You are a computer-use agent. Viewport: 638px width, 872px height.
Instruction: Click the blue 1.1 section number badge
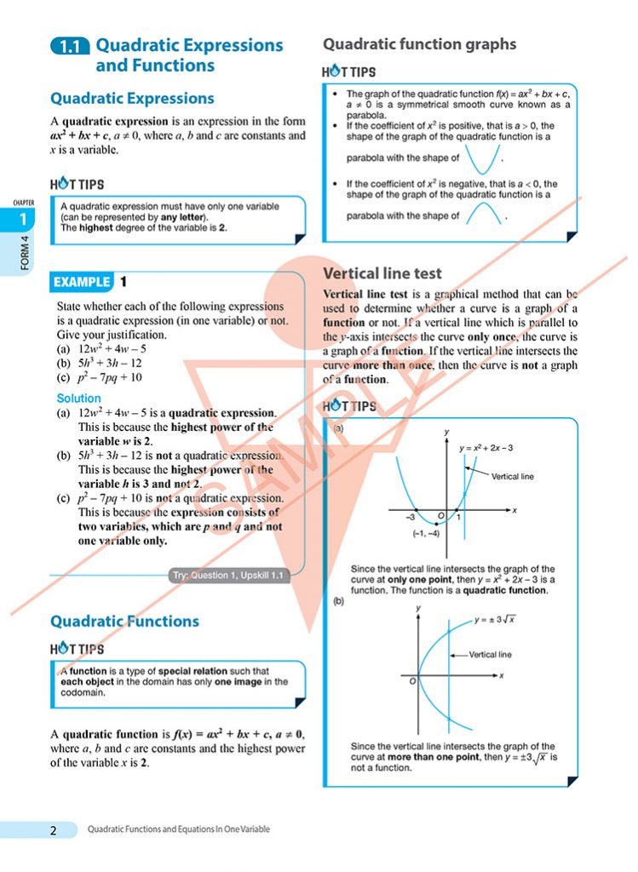(70, 48)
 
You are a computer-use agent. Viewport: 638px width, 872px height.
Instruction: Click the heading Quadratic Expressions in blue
(132, 99)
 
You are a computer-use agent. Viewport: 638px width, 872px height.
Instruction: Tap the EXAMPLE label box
(82, 282)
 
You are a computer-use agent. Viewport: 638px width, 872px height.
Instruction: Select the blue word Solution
(78, 398)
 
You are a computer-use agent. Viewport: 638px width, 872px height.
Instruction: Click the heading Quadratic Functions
(124, 621)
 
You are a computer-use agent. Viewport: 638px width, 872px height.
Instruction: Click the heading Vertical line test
(382, 273)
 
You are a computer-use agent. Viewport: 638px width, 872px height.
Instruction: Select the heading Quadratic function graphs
(419, 44)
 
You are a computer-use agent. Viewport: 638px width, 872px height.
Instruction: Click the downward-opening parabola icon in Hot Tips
(485, 214)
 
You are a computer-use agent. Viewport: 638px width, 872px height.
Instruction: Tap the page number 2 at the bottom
(53, 830)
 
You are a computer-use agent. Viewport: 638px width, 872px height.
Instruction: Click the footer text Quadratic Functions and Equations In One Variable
(179, 829)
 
